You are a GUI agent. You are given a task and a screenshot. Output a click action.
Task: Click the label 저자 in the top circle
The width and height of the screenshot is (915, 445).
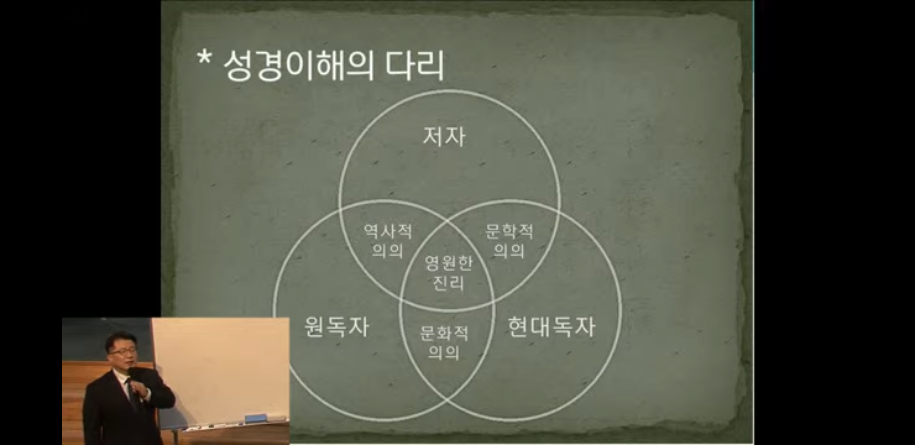444,137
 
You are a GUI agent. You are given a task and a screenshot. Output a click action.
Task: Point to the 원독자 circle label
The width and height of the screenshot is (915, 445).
336,327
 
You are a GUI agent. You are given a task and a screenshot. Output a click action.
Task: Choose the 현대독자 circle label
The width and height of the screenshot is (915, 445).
551,327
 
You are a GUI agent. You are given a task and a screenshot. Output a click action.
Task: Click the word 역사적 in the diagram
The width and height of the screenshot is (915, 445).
388,232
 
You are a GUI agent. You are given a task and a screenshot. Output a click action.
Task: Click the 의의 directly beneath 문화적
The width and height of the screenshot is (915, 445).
444,353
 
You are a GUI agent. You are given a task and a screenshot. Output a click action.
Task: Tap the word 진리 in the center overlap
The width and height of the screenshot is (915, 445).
448,283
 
